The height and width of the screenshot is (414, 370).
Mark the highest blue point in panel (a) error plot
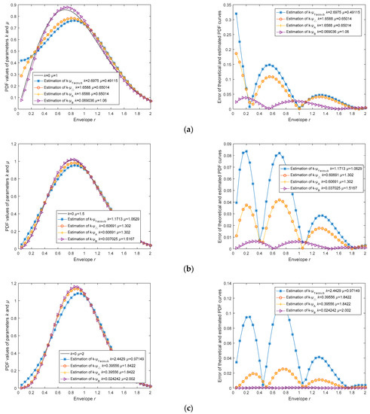(x=236, y=14)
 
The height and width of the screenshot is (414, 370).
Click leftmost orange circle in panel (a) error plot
(x=236, y=53)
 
